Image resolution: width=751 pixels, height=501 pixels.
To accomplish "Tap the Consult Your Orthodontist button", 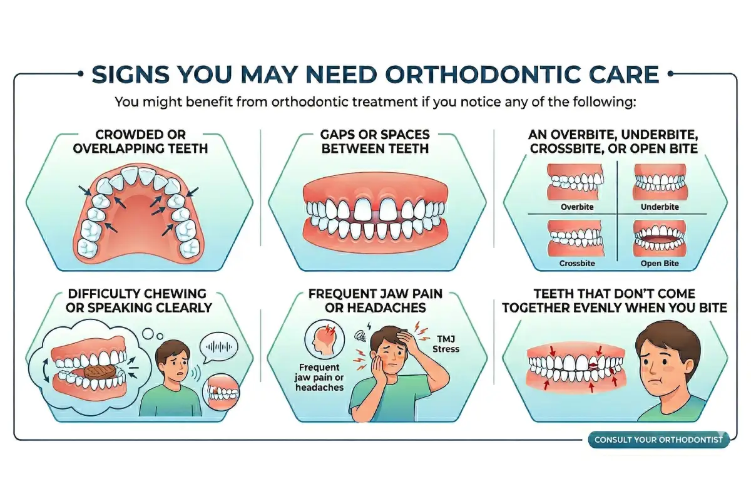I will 658,440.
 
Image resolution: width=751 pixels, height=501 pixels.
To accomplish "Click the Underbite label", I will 660,206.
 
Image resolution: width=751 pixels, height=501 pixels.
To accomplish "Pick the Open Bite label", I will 660,264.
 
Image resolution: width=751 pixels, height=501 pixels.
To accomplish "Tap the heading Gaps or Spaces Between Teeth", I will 376,142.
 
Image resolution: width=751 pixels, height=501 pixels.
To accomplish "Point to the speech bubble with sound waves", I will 217,346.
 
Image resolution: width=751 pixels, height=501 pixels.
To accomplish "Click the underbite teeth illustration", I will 660,182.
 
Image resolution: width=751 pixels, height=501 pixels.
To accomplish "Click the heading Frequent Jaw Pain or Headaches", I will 376,301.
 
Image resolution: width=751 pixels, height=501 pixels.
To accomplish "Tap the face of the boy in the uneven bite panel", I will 667,369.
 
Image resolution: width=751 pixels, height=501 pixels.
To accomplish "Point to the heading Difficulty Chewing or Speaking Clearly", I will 139,301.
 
